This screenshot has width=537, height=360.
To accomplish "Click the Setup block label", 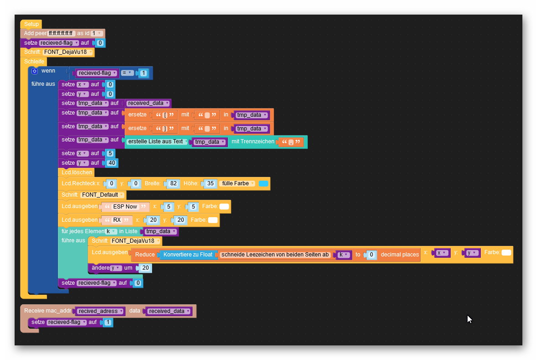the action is (x=31, y=24).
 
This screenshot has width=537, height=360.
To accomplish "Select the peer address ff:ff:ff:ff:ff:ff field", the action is (x=61, y=33).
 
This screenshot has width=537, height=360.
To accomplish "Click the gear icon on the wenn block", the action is (x=35, y=71).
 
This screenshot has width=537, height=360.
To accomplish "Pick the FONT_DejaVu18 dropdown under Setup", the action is (x=68, y=52).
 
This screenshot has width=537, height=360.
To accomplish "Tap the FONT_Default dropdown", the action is (x=102, y=195).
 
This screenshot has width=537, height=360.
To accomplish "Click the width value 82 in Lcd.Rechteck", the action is (x=174, y=183).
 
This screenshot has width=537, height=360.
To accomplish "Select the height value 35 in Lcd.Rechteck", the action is (x=210, y=183).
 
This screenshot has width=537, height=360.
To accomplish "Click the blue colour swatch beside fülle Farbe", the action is (x=263, y=183).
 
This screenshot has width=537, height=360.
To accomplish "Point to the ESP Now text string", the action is (x=125, y=206).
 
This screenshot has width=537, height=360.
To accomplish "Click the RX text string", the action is (x=117, y=220).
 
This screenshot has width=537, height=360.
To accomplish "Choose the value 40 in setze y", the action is (x=112, y=163).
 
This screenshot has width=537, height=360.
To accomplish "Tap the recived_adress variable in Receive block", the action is (x=100, y=311).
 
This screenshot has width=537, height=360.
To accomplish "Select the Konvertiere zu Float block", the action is (x=188, y=255).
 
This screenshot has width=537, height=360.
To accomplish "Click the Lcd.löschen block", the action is (x=77, y=172).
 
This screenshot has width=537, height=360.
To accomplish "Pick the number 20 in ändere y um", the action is (x=146, y=267).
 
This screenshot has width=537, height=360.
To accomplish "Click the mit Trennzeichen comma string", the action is (x=291, y=142).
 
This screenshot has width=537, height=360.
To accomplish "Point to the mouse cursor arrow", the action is (x=469, y=319).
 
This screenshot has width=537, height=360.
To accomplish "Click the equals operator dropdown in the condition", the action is (x=127, y=73).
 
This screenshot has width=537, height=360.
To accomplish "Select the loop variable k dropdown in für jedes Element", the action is (x=111, y=231).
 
